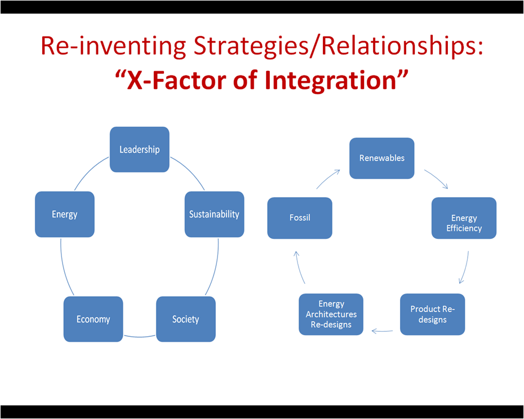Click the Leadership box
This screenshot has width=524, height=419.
[x=139, y=149]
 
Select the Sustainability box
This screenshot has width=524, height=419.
[x=214, y=214]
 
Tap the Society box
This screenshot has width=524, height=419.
[x=185, y=319]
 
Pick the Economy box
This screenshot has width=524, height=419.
[x=93, y=319]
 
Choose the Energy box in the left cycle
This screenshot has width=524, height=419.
[x=64, y=214]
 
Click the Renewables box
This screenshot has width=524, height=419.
[x=381, y=158]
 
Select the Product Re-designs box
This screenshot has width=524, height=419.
[x=432, y=314]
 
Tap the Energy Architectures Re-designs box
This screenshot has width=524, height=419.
[x=331, y=314]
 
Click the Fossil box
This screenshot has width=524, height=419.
[x=299, y=218]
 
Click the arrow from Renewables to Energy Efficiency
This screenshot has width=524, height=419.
[x=437, y=179]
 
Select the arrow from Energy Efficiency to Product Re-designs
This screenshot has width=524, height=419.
[x=465, y=268]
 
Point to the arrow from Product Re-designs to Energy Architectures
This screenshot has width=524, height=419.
[x=382, y=331]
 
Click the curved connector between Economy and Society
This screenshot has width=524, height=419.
[x=139, y=337]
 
